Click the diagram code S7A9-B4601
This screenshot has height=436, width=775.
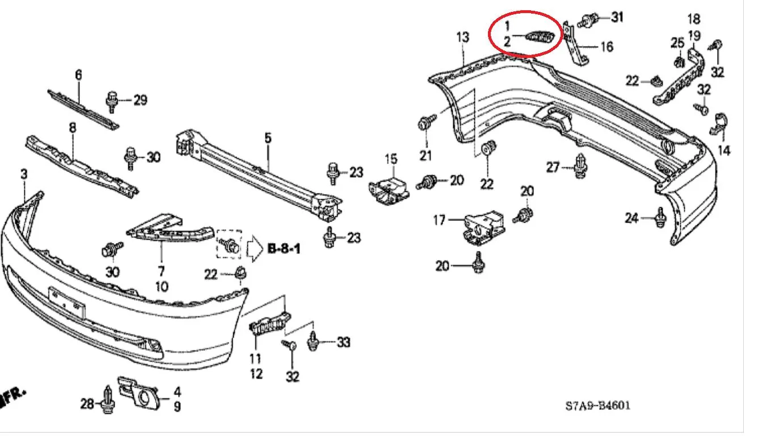click(598, 405)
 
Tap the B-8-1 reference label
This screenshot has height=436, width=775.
click(284, 249)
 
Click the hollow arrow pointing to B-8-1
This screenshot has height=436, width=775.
click(255, 249)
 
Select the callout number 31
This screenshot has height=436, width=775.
click(617, 17)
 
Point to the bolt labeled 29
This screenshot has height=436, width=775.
click(112, 102)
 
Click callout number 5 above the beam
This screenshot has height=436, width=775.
click(268, 138)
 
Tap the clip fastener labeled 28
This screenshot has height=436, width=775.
click(108, 400)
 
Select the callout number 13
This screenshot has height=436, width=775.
click(463, 37)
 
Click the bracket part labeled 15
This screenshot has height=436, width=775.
click(389, 191)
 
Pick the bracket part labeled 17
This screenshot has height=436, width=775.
click(484, 227)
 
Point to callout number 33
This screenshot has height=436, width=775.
click(344, 342)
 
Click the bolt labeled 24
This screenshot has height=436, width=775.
click(660, 217)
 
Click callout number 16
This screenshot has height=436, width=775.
click(606, 47)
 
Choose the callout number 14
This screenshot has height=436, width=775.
click(724, 150)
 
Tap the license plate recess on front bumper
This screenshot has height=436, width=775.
click(67, 302)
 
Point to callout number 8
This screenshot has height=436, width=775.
click(72, 128)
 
